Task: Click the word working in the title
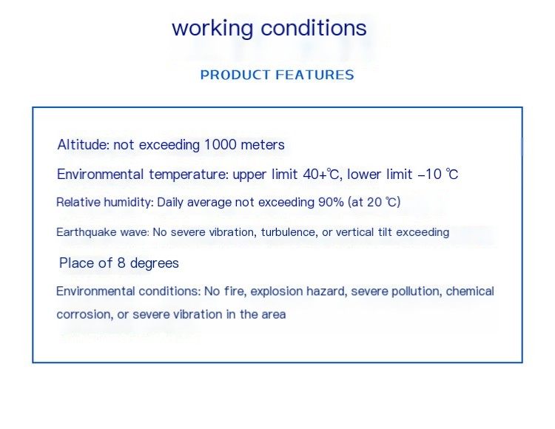tap(212, 28)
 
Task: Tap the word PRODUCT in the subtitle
tap(235, 75)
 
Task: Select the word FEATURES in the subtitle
tap(314, 75)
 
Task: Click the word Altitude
tap(84, 145)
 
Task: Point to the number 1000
tap(221, 145)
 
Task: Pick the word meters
tap(263, 145)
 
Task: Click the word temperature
tap(189, 175)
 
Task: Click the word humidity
tap(129, 202)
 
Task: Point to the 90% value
tap(331, 202)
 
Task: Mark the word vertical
tap(354, 232)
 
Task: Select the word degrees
tap(155, 263)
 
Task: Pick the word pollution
tap(417, 291)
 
